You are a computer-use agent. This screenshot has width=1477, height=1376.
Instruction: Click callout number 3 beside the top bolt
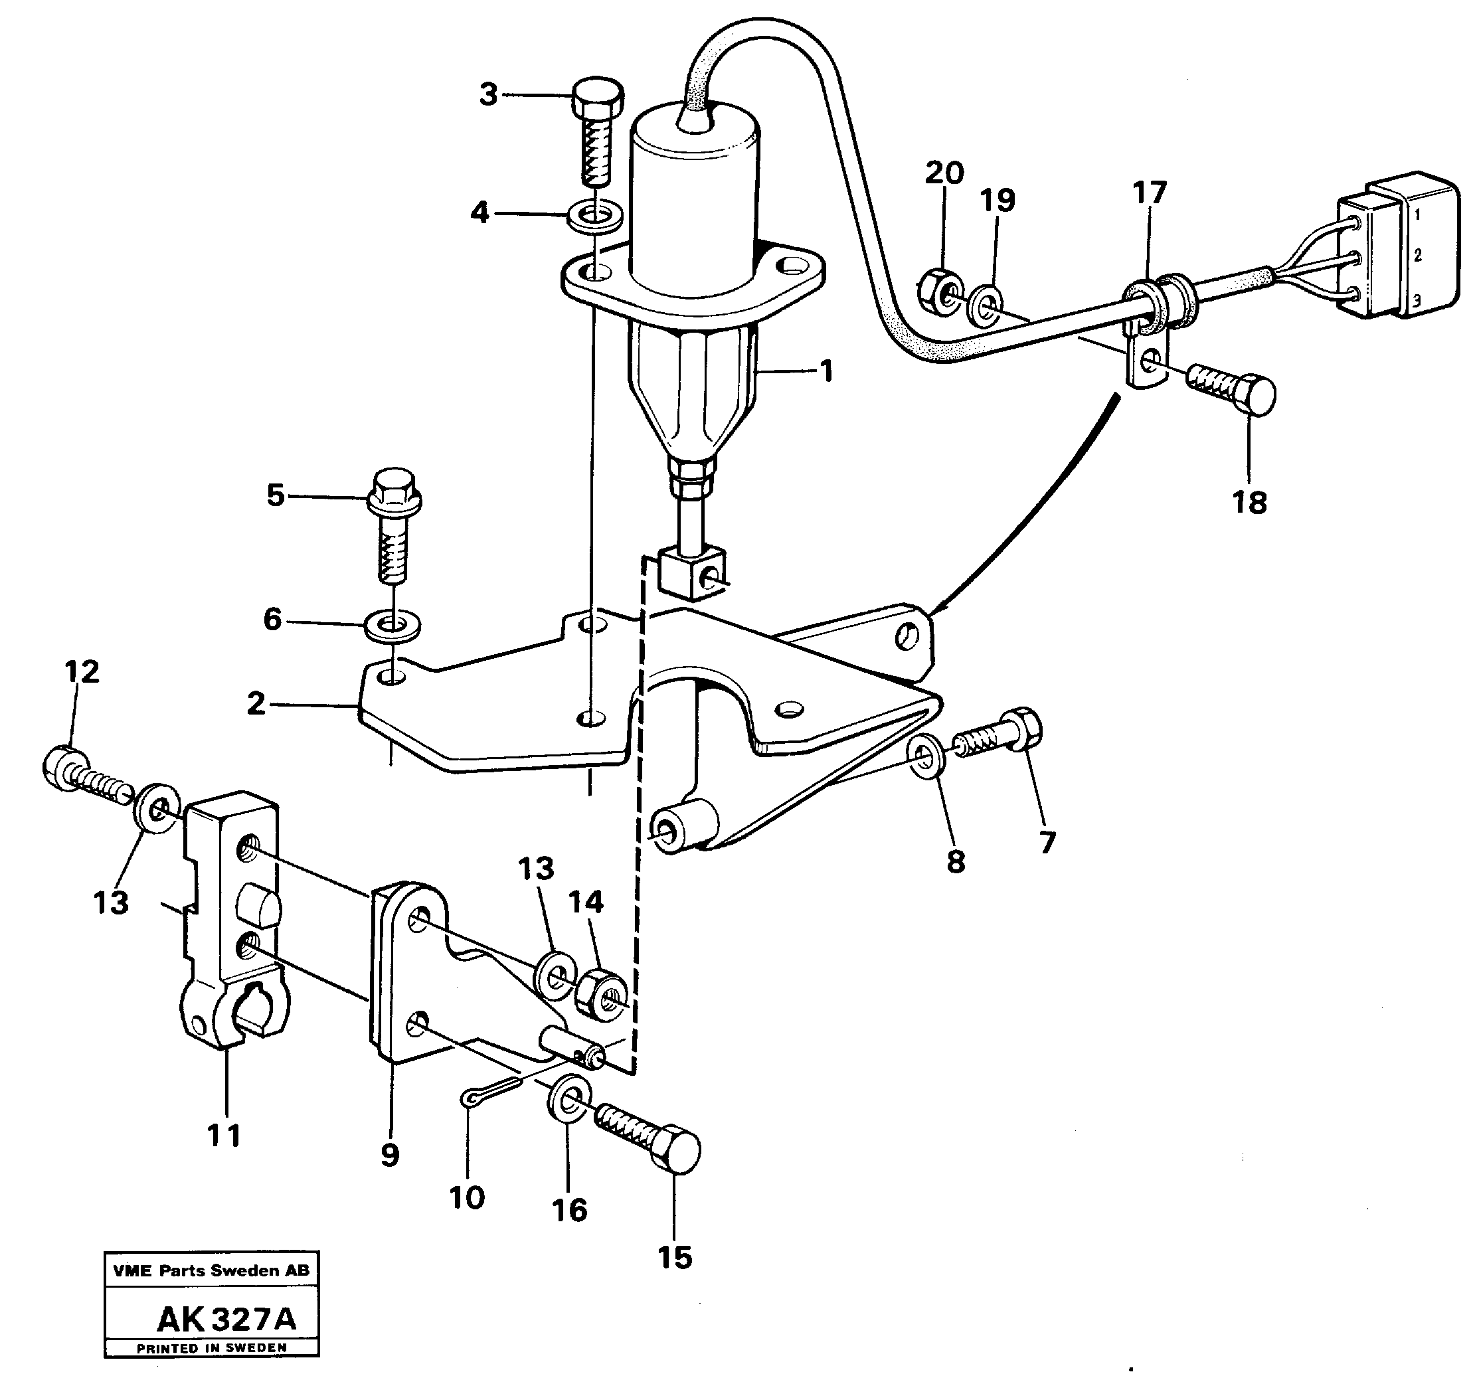[487, 95]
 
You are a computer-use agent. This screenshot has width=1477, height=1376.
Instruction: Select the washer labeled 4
[594, 218]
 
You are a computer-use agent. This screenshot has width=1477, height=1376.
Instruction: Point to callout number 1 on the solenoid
[826, 371]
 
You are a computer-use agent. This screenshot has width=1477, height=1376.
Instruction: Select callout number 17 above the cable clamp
[1150, 193]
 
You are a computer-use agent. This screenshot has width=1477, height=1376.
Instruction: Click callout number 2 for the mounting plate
[256, 703]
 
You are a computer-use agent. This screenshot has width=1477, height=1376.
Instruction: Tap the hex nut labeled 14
[601, 995]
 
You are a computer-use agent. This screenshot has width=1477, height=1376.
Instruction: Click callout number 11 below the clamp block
[224, 1136]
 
